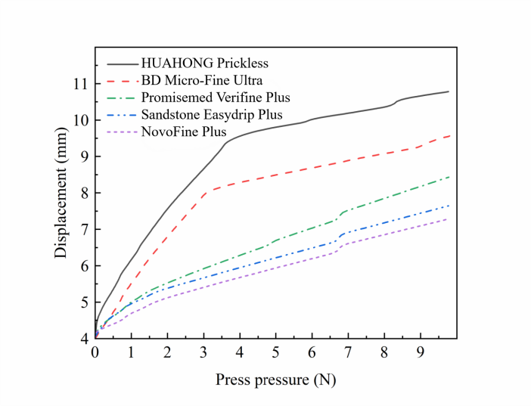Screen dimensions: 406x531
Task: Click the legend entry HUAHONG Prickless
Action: pos(204,63)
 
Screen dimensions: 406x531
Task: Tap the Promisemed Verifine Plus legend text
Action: pos(216,98)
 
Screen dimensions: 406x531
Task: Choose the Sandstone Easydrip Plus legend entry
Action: pos(212,115)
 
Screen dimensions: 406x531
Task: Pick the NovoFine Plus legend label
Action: pos(184,132)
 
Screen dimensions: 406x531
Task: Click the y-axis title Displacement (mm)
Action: pos(61,193)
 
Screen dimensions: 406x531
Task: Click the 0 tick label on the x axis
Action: pos(95,352)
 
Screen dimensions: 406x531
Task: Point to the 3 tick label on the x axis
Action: pos(203,352)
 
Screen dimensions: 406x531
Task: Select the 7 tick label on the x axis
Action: pos(348,352)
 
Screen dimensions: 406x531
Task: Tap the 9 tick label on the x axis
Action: pos(420,352)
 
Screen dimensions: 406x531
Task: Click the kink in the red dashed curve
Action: pos(206,190)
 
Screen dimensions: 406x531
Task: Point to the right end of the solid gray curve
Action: pos(449,91)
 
